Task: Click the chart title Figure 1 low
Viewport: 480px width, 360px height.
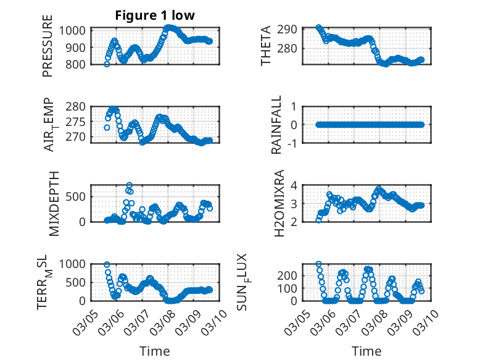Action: [x=155, y=15]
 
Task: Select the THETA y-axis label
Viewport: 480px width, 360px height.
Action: [x=266, y=46]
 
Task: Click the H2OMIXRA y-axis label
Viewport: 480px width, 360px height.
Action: [x=278, y=203]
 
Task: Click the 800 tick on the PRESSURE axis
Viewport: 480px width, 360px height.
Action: [x=78, y=64]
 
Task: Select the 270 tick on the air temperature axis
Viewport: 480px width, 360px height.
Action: [x=78, y=137]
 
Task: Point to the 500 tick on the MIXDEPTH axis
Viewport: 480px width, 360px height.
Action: [x=78, y=196]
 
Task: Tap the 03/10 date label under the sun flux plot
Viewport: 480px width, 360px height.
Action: [x=429, y=322]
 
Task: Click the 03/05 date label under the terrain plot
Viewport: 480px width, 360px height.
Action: [x=85, y=322]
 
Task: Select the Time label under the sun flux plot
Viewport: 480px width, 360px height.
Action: [x=366, y=351]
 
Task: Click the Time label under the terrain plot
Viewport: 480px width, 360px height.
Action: [x=155, y=351]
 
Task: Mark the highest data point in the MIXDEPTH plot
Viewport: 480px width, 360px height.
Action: [x=129, y=185]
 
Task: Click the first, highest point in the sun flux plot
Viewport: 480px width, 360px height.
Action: [x=318, y=264]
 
